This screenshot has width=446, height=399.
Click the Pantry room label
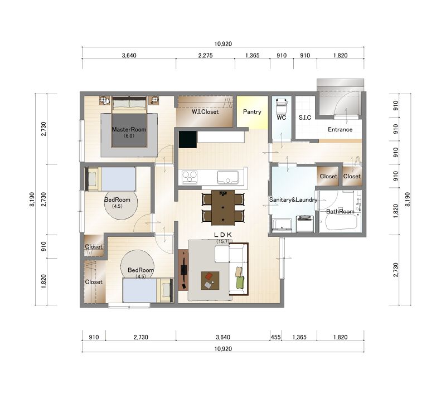coord(252,112)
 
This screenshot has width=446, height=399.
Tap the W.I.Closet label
coord(205,112)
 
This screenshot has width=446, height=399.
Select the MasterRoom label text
coord(129,129)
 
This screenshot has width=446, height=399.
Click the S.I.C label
coord(305,118)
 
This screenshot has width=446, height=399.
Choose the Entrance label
coord(340,129)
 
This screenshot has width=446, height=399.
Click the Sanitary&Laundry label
coord(293,199)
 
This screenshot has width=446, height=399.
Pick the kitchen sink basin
coord(228,177)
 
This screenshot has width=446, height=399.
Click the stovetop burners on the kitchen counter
coord(190,177)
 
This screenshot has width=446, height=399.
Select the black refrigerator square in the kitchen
coord(188,139)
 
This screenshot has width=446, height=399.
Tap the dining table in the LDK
coord(223,207)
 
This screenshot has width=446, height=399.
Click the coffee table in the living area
coord(210,281)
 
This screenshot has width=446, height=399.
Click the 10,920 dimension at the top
coord(223,44)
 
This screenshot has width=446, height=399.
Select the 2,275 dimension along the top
coord(205,56)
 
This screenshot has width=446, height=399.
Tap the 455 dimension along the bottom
coord(275,337)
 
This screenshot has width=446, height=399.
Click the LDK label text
coord(223,235)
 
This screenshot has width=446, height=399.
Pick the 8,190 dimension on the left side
coord(32,199)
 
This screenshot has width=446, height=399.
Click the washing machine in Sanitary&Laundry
coord(305,224)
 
